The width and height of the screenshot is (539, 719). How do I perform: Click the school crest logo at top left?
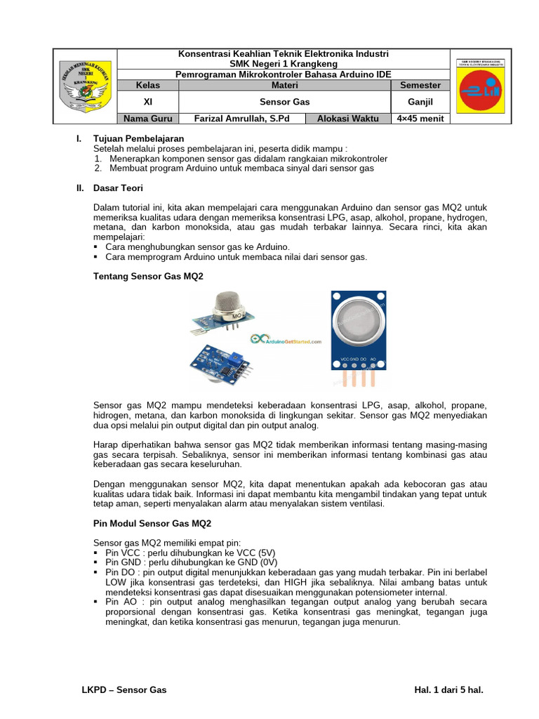click(85, 86)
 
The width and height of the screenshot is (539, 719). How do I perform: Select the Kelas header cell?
click(147, 85)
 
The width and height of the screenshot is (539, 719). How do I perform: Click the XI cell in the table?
click(147, 102)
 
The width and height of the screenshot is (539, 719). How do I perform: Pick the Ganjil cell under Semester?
click(420, 102)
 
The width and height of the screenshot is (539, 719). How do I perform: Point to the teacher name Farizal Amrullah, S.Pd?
click(241, 118)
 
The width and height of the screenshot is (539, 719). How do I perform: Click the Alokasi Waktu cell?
click(347, 118)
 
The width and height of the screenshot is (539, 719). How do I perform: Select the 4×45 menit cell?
click(420, 118)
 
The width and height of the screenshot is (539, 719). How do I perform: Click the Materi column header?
click(284, 85)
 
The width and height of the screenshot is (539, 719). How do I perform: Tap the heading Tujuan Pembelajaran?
click(138, 139)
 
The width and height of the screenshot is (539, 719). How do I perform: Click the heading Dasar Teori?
click(118, 188)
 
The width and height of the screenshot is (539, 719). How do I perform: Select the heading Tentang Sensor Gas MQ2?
click(148, 277)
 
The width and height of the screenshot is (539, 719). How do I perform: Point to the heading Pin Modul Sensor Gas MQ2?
click(152, 524)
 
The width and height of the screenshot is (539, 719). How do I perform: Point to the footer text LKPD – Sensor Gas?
click(124, 690)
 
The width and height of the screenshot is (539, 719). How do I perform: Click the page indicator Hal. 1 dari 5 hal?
click(449, 690)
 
